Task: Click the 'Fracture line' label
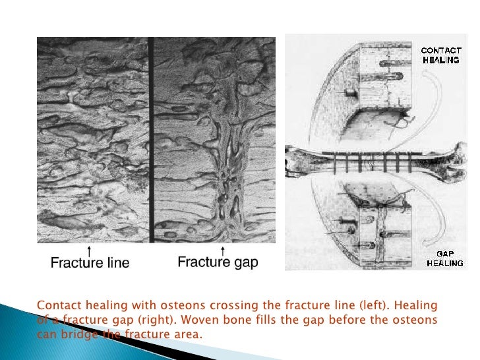[90, 263]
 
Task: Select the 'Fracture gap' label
[218, 262]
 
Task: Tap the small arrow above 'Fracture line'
[89, 249]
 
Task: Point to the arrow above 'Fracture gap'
[223, 249]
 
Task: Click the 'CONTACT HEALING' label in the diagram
[436, 54]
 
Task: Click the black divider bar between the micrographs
[150, 138]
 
